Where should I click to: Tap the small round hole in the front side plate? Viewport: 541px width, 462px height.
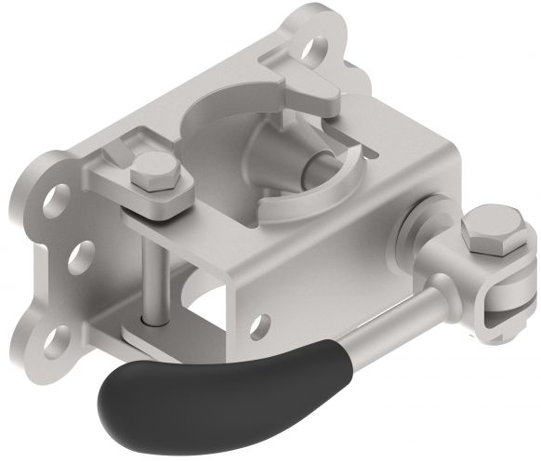tap(261, 323)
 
